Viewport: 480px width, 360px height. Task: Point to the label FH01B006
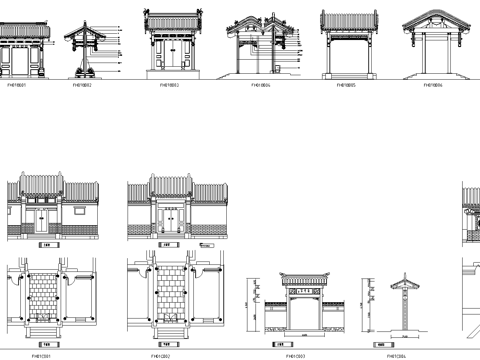(430, 86)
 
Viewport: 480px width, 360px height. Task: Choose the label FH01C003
(296, 352)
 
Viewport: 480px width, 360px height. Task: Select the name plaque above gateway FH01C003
(297, 290)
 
